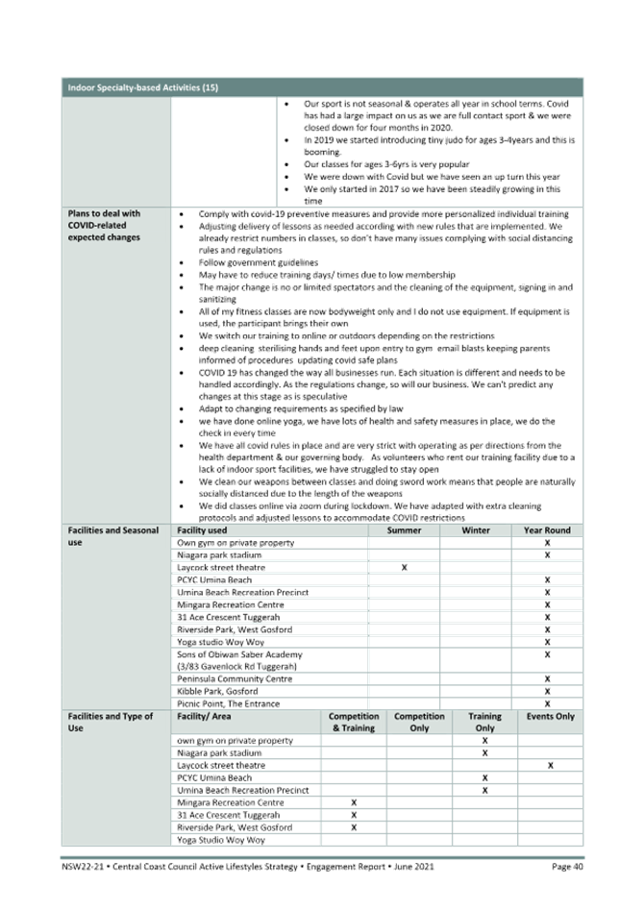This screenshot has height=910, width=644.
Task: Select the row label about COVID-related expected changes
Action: pos(104,225)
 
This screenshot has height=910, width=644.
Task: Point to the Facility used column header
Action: pos(201,530)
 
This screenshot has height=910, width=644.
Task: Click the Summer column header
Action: pos(404,530)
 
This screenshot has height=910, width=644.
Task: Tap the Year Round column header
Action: pos(547,530)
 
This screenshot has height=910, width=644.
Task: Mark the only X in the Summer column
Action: pos(404,568)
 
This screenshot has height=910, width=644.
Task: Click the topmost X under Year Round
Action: pos(547,543)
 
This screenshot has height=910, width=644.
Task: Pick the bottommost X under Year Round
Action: pos(547,704)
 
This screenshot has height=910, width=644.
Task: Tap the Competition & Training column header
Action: pos(354,723)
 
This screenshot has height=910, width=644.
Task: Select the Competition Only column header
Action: pos(419,723)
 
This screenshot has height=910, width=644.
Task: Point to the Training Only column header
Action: pos(484,723)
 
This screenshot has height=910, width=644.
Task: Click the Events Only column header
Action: pos(551,717)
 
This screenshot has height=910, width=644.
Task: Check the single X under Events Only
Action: pos(551,766)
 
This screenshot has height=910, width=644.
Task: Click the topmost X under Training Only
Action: pos(484,741)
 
